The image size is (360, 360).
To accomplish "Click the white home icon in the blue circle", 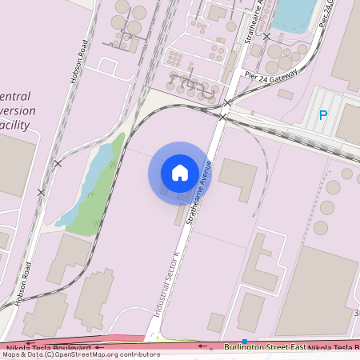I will click(x=180, y=172).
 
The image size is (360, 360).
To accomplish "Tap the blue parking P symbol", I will click(x=323, y=115).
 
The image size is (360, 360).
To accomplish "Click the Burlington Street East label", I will click(x=263, y=347).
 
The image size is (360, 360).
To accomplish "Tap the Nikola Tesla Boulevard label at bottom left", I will click(x=48, y=348).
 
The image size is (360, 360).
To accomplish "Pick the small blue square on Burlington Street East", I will click(x=245, y=342).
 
